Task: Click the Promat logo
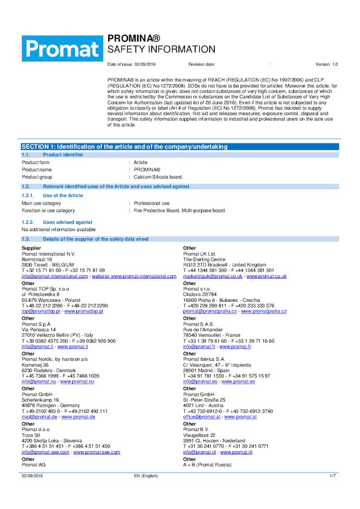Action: click(62, 48)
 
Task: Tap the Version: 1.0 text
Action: click(326, 65)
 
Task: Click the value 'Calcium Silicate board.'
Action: click(158, 177)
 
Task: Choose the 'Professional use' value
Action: click(151, 203)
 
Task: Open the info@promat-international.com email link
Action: click(54, 276)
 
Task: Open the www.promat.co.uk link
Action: click(267, 276)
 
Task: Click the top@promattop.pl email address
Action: click(41, 311)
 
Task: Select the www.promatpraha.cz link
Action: click(264, 311)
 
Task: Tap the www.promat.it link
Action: click(73, 347)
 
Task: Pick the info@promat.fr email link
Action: click(199, 347)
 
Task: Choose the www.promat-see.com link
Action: click(97, 452)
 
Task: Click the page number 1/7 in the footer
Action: click(333, 476)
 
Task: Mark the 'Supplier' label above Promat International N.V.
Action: click(31, 248)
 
